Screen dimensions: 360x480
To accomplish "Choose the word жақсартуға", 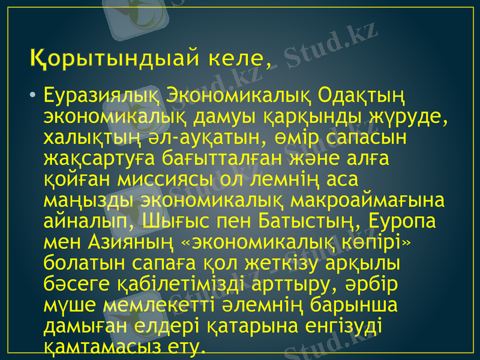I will (x=100, y=160).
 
